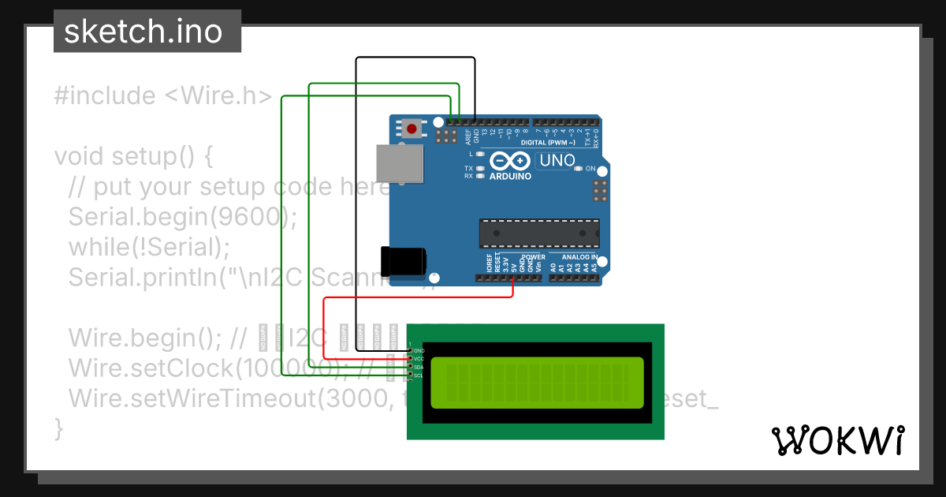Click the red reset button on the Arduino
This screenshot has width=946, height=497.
[411, 128]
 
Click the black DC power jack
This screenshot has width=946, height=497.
[403, 260]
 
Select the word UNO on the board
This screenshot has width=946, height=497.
[557, 160]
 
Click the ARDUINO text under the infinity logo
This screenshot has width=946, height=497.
[510, 176]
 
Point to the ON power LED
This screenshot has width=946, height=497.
[578, 169]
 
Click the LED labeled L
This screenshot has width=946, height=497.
[480, 155]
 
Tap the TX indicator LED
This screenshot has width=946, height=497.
[480, 169]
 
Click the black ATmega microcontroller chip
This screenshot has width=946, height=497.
[539, 233]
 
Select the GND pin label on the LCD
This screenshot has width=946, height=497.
[419, 350]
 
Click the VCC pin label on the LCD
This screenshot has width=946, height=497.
[419, 359]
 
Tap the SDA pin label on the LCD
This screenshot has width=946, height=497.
[419, 368]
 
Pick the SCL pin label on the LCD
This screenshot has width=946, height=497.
[419, 376]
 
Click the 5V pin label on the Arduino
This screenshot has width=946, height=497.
[513, 268]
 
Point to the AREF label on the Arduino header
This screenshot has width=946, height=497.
[467, 137]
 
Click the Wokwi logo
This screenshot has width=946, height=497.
[837, 440]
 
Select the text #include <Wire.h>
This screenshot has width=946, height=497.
[163, 96]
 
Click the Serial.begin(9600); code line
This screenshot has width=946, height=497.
[183, 217]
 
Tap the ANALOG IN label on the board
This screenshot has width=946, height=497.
[579, 257]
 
